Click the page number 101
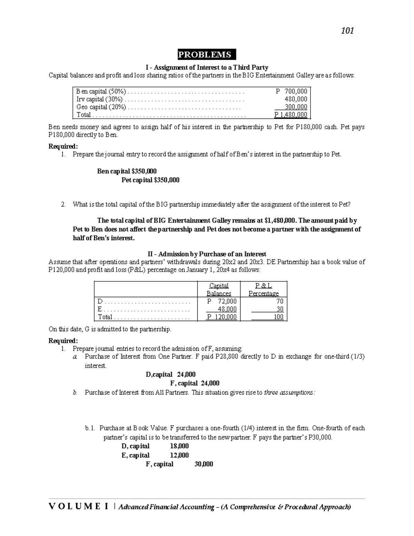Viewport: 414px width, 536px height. (347, 31)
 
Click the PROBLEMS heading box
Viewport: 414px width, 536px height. (206, 55)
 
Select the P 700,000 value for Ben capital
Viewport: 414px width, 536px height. (292, 91)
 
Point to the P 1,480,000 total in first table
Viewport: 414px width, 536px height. (290, 115)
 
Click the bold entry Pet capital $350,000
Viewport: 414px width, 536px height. (150, 180)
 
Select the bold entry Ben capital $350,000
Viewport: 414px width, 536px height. (127, 171)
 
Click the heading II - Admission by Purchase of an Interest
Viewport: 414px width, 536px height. (207, 254)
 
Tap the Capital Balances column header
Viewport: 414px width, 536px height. (219, 290)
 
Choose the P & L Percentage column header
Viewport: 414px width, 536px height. (264, 290)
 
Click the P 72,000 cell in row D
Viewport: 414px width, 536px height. (222, 301)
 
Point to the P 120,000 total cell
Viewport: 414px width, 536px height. (222, 317)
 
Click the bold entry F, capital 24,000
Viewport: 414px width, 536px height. (195, 383)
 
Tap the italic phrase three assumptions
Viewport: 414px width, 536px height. (289, 392)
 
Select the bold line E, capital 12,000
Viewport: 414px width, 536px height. (155, 455)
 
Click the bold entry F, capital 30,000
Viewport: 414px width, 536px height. (179, 464)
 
